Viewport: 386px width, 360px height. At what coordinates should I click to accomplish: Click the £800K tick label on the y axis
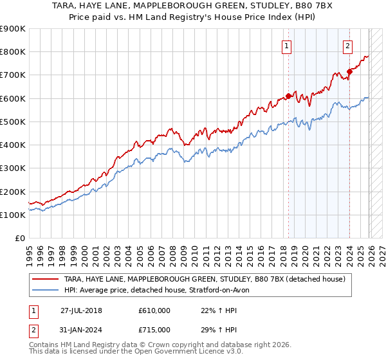point(13,52)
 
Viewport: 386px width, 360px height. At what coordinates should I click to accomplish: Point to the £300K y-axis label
point(13,168)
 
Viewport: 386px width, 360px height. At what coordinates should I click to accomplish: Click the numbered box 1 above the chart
point(286,46)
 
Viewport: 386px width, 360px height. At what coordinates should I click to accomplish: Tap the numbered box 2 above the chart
point(347,46)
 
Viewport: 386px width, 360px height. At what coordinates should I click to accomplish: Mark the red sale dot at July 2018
point(288,96)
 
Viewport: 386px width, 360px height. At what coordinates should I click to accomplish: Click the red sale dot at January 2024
point(349,71)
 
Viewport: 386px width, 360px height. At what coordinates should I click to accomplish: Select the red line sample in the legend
point(45,280)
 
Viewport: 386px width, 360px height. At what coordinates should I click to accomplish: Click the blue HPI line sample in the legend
point(45,290)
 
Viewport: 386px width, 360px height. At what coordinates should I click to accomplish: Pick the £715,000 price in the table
point(154,329)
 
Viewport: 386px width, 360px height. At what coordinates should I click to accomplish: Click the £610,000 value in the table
point(154,310)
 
